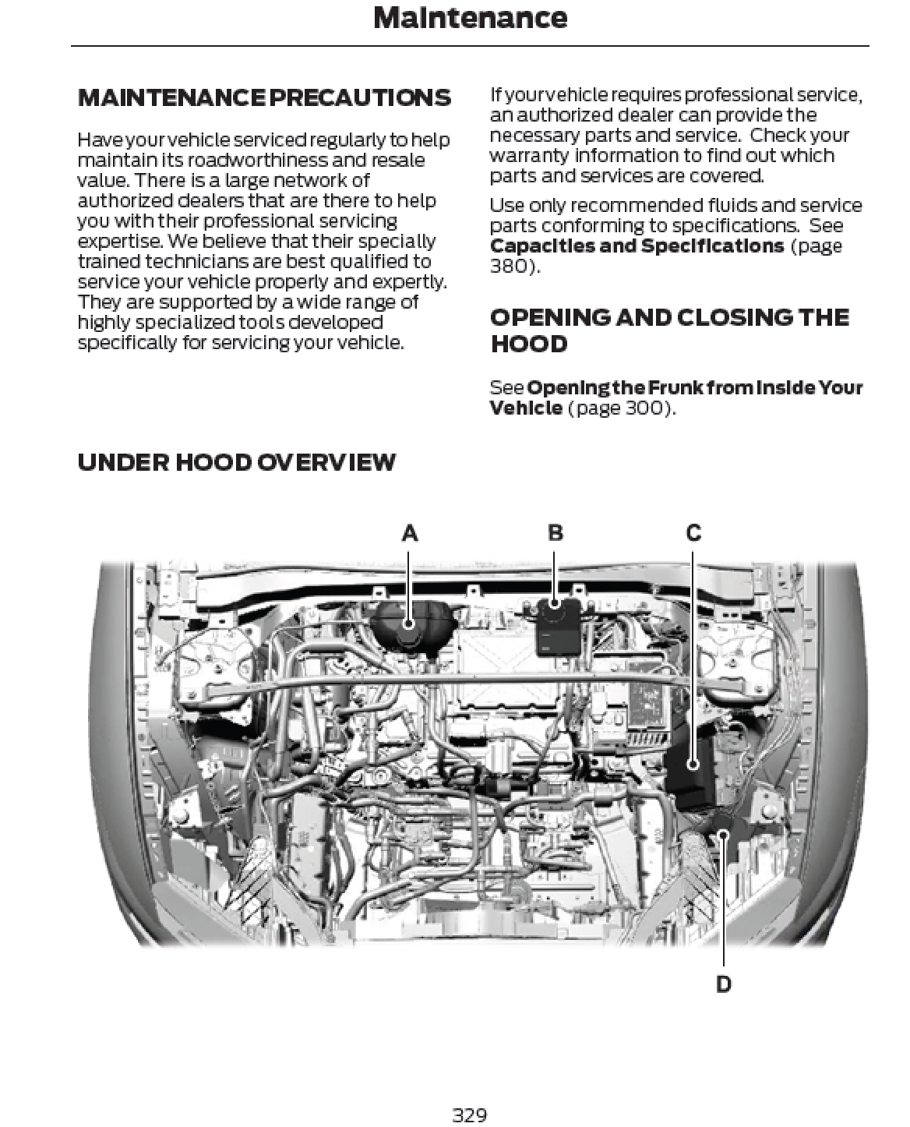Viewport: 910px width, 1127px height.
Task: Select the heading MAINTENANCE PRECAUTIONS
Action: click(264, 98)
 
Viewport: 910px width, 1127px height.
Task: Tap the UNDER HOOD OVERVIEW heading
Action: click(237, 462)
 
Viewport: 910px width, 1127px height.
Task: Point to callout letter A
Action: click(410, 533)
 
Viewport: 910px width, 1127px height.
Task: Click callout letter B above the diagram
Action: click(555, 533)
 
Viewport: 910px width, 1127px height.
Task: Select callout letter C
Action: click(693, 533)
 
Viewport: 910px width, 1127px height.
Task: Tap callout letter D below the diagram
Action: click(723, 984)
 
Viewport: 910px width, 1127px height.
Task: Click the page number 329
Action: click(470, 1115)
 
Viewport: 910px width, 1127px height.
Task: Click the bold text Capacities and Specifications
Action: click(637, 246)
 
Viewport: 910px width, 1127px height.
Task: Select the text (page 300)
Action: click(621, 408)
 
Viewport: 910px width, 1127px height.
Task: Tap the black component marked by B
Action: click(554, 603)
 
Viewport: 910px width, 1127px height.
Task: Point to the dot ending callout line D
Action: click(723, 835)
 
